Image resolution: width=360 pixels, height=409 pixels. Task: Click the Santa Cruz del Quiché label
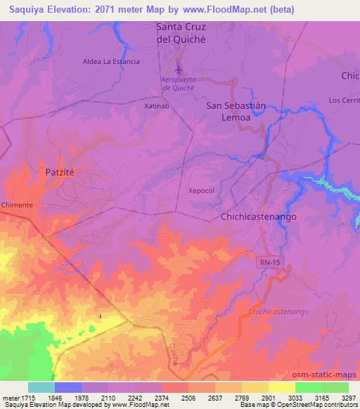184,34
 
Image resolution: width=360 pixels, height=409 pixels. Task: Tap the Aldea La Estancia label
111,61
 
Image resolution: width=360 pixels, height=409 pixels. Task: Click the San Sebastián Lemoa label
237,112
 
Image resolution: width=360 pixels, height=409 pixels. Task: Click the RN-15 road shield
265,260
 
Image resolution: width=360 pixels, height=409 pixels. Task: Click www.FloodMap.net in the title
229,9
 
